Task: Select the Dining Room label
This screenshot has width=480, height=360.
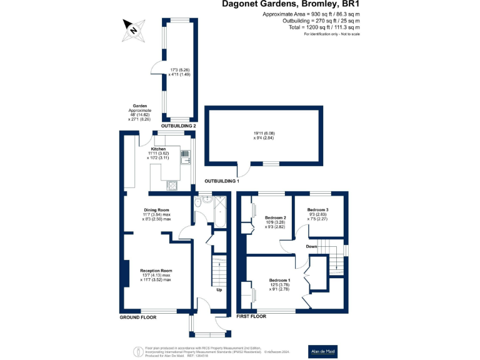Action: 157,210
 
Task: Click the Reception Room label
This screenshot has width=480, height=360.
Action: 156,271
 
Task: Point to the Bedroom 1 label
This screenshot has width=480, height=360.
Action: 279,279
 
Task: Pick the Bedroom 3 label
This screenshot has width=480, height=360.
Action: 318,209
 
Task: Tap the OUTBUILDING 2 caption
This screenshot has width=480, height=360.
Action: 179,126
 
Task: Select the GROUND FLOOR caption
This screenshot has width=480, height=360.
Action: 138,317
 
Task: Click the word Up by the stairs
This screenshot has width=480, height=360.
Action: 219,290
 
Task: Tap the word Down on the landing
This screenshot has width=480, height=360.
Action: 311,246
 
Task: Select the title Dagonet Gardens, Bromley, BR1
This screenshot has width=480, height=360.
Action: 292,5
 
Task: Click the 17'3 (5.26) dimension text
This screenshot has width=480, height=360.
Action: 179,70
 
